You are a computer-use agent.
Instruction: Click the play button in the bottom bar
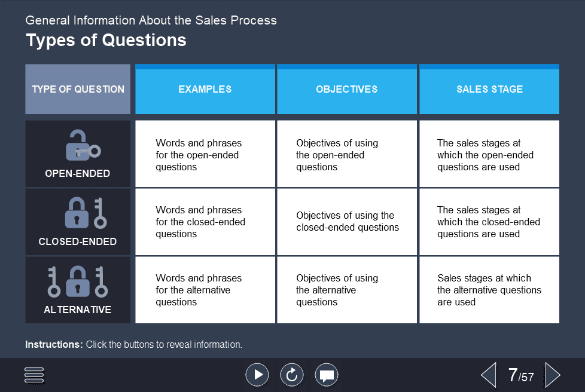(x=257, y=375)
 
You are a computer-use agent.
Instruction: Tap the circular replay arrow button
(x=292, y=375)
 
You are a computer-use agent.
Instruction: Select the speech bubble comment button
(x=327, y=375)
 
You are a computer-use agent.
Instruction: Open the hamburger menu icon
(x=35, y=375)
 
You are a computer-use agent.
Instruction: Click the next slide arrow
(x=553, y=375)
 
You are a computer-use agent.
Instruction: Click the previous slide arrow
(x=489, y=375)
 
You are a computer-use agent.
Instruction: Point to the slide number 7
(x=513, y=375)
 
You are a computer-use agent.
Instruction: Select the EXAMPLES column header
(x=205, y=90)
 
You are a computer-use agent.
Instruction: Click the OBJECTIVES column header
(x=347, y=90)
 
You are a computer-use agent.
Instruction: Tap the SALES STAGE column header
(x=489, y=90)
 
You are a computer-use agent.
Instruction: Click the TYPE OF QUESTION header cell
(x=78, y=90)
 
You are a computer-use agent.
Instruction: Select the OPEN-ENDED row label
(x=78, y=174)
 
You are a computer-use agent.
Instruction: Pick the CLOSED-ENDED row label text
(x=78, y=242)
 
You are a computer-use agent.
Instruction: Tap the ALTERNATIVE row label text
(x=78, y=310)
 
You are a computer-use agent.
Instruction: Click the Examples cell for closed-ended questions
(x=205, y=222)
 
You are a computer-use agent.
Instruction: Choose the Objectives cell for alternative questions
(x=347, y=290)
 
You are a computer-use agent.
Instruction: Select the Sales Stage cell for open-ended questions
(x=489, y=155)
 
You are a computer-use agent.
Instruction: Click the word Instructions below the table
(x=54, y=345)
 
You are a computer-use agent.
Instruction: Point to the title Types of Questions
(x=106, y=40)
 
